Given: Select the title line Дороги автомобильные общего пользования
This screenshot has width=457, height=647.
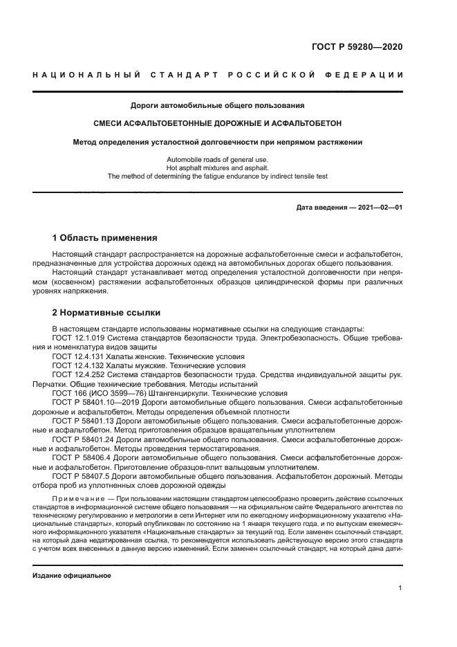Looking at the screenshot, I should tap(218, 106).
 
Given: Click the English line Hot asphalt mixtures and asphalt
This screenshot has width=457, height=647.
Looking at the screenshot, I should tap(218, 168).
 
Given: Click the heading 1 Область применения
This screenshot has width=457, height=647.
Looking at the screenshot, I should tap(104, 237).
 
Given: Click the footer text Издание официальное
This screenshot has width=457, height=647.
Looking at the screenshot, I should tap(72, 575).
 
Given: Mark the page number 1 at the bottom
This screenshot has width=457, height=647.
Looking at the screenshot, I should tap(400, 588).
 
